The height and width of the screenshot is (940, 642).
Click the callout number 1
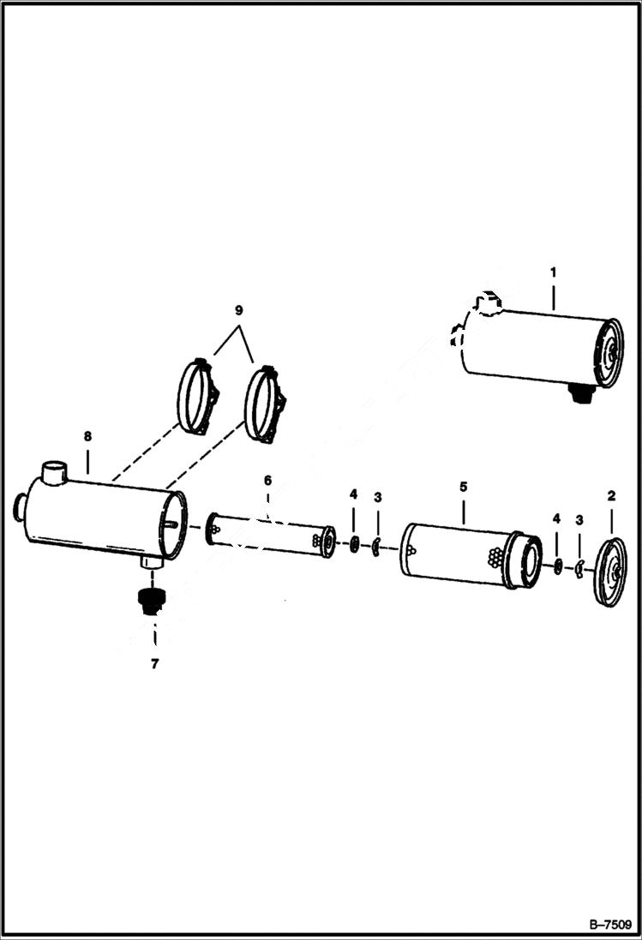[x=553, y=272]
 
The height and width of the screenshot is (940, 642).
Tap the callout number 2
[x=611, y=495]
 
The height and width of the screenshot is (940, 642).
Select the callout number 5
[x=463, y=486]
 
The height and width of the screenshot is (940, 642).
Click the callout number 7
[x=154, y=663]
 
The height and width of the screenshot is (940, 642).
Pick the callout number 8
[x=87, y=437]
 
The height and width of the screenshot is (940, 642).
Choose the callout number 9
[x=239, y=308]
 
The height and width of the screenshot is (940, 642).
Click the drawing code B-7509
[x=609, y=925]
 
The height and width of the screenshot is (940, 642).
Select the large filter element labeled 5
[x=463, y=554]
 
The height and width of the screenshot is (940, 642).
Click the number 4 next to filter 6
[x=353, y=495]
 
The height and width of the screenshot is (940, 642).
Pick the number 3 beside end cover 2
[x=580, y=519]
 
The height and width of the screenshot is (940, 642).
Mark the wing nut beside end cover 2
[x=580, y=566]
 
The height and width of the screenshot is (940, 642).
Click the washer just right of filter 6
[x=354, y=542]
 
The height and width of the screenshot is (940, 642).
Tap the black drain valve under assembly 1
[x=582, y=394]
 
